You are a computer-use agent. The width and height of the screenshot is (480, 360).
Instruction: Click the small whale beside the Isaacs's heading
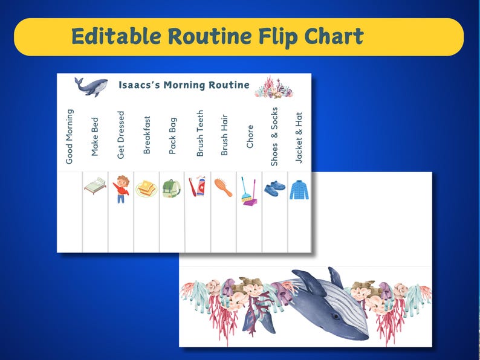point(91,86)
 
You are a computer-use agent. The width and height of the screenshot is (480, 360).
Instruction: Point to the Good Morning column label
point(70,137)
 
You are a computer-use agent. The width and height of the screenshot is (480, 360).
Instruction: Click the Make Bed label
point(95,137)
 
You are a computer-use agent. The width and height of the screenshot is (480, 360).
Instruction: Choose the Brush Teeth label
point(200,133)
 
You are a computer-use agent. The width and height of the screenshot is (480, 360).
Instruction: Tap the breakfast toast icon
point(146,189)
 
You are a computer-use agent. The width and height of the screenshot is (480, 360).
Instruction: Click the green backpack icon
point(172,189)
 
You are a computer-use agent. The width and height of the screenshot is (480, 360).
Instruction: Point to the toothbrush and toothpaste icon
point(197,188)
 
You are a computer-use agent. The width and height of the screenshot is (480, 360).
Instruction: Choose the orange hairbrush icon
point(222,187)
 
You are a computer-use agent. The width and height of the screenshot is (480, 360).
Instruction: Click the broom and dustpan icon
point(248,191)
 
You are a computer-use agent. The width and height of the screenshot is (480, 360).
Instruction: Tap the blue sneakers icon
point(274,187)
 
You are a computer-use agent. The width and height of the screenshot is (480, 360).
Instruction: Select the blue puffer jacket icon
point(299,189)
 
